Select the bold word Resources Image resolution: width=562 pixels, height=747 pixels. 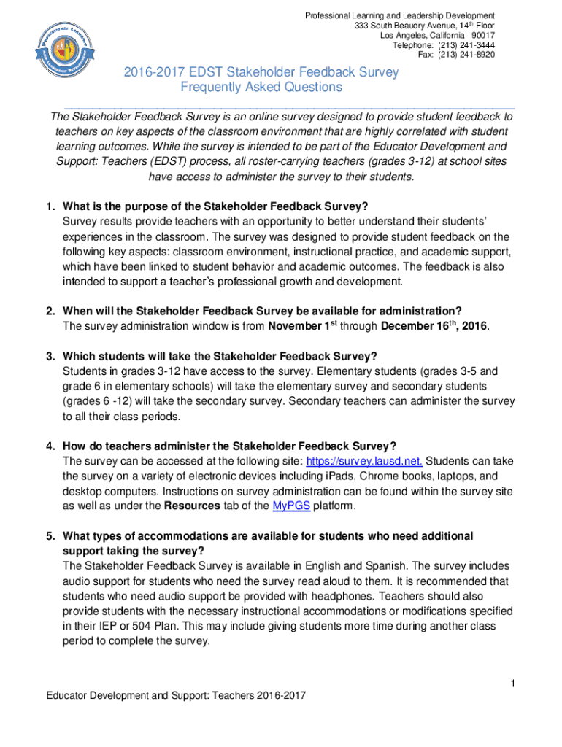191,506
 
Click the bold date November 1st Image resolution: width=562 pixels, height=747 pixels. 305,325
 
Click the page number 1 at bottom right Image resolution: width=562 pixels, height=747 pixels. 514,683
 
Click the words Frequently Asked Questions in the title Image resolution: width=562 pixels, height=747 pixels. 261,88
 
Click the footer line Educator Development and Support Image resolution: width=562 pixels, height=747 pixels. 172,695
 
